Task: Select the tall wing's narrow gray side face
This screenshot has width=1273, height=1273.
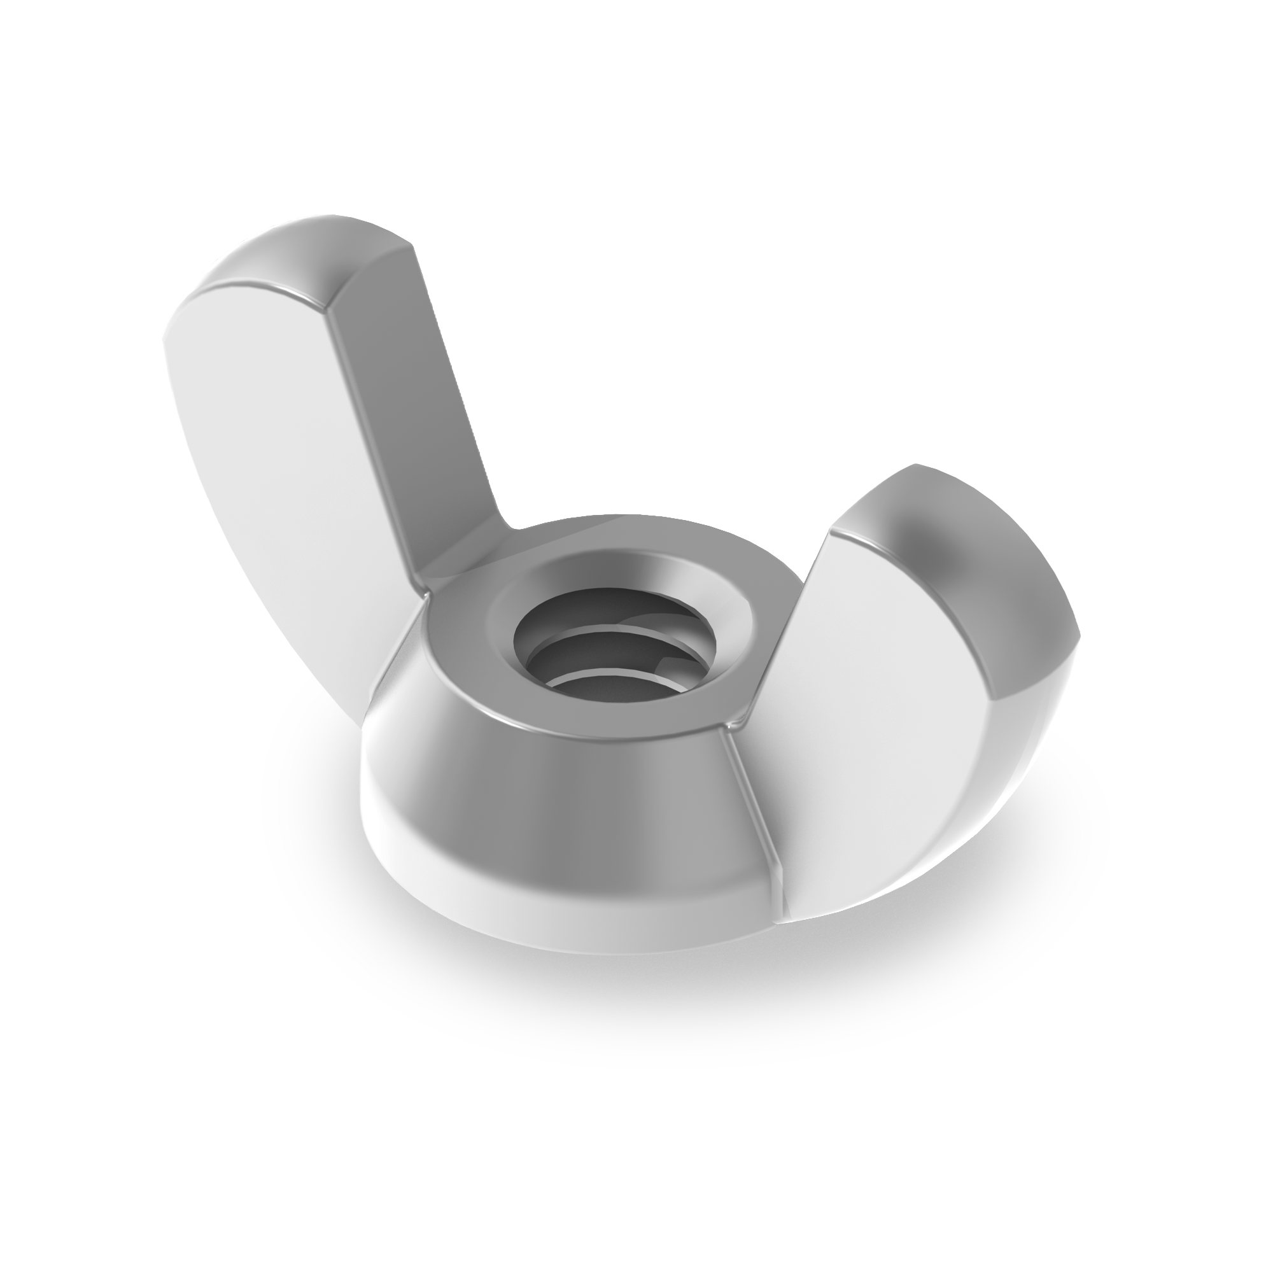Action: click(x=409, y=395)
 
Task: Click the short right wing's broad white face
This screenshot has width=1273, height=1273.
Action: click(x=876, y=692)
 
